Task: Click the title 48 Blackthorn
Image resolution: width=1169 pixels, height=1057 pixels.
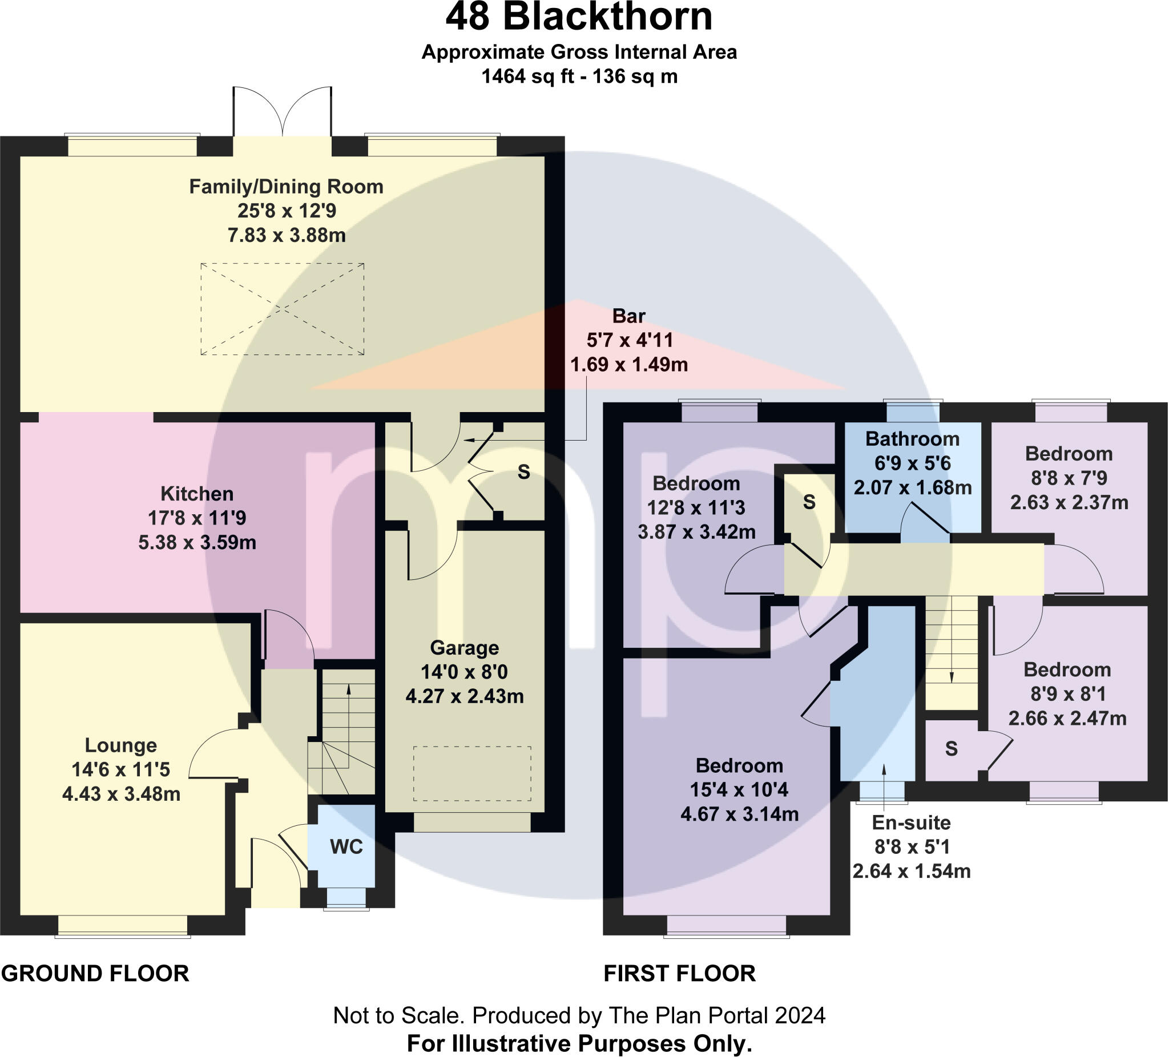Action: click(579, 17)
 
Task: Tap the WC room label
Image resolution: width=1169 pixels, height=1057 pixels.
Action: click(346, 847)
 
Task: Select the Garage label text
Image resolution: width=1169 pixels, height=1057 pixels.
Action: click(464, 648)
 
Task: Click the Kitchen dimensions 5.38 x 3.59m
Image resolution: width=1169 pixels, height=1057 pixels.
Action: click(197, 542)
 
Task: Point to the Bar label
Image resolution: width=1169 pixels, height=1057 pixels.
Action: click(628, 316)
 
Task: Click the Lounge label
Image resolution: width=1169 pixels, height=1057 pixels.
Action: click(120, 745)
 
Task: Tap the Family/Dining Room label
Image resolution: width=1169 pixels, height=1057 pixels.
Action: click(287, 187)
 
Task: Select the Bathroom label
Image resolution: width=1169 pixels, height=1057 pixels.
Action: click(912, 439)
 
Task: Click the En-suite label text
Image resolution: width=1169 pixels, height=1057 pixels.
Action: click(912, 823)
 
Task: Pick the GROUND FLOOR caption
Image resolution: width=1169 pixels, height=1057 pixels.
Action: click(95, 974)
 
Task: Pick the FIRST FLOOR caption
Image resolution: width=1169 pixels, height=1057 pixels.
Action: click(680, 974)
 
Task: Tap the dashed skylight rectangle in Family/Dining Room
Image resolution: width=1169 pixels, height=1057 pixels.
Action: click(283, 309)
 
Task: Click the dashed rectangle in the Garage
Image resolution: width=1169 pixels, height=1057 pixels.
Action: click(472, 773)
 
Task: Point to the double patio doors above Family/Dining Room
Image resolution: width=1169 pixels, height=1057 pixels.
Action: click(283, 113)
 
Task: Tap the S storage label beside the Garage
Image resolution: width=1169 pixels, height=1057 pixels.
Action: click(523, 472)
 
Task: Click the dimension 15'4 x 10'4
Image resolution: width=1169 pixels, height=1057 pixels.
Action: click(739, 790)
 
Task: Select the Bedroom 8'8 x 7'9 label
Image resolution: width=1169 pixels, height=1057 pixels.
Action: click(1069, 453)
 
